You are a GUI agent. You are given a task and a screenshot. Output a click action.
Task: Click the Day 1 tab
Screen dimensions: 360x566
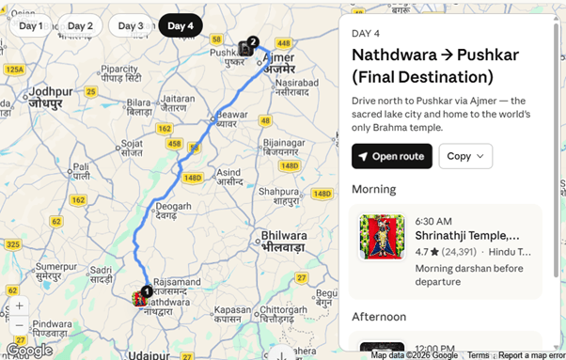(31, 25)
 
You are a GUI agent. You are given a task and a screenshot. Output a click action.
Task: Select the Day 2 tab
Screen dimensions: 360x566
(81, 25)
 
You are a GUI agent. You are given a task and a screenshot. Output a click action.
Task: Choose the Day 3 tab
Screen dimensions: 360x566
(131, 25)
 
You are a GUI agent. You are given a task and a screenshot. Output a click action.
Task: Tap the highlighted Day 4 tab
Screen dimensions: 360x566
(181, 25)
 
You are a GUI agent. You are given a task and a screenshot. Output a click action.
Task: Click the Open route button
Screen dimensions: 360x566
(391, 156)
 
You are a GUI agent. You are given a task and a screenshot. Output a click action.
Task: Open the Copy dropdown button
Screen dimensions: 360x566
(465, 156)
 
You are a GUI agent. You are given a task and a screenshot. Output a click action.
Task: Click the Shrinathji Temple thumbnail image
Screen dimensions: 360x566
(382, 237)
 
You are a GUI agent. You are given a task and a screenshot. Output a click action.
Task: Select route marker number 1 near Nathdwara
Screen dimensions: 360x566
(146, 292)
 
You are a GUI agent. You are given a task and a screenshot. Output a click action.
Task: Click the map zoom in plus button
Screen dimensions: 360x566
(19, 306)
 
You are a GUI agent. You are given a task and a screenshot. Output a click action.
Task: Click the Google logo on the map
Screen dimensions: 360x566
(29, 350)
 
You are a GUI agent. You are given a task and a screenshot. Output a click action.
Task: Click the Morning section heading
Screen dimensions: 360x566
(374, 189)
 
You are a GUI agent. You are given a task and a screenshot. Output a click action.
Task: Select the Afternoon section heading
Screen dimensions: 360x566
(379, 317)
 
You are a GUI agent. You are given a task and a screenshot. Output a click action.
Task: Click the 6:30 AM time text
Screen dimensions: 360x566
(434, 220)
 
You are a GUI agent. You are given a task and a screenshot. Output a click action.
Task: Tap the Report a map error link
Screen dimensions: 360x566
(531, 355)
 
